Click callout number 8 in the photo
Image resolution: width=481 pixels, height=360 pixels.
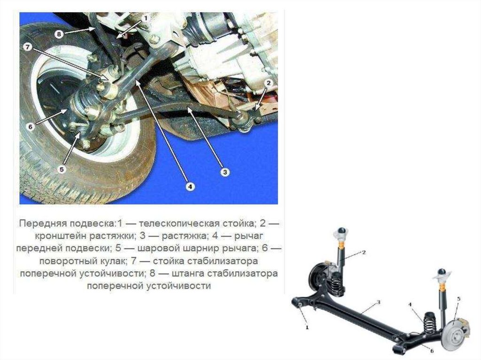click(59, 34)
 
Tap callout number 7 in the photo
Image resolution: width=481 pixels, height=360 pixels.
click(28, 47)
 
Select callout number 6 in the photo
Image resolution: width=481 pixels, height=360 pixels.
click(30, 126)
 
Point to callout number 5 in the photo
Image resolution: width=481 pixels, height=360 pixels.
click(62, 169)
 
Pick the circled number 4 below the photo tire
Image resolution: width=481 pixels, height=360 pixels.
click(190, 186)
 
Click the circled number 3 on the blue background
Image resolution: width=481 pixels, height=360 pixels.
click(225, 172)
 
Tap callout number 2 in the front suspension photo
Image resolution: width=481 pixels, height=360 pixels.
click(268, 83)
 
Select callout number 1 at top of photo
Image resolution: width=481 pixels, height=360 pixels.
click(146, 18)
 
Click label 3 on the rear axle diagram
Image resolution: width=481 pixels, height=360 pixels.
click(379, 302)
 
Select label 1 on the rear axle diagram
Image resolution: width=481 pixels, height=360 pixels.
click(307, 328)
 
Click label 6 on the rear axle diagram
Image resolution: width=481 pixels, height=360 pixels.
click(432, 351)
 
